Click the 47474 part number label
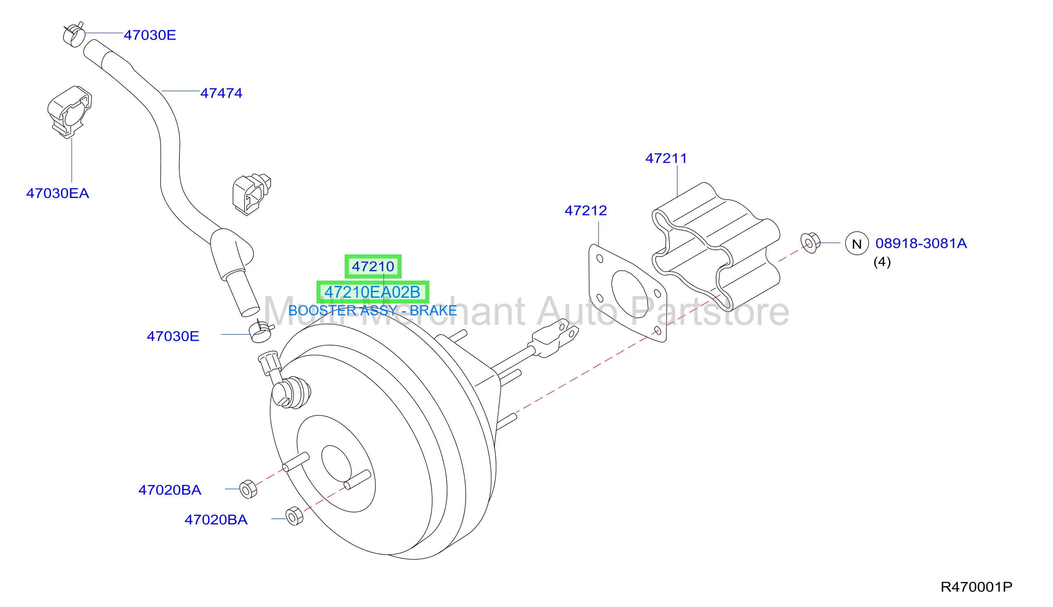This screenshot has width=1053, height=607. click(221, 93)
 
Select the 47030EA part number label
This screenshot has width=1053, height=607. click(58, 193)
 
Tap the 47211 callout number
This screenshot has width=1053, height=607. click(666, 158)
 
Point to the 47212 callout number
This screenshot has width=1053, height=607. click(586, 211)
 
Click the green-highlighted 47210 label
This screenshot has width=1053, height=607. click(373, 266)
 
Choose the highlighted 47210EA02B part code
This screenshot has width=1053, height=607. click(373, 292)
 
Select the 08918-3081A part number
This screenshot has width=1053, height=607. click(921, 243)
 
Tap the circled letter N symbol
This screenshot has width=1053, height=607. click(857, 243)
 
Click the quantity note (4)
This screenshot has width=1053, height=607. click(882, 262)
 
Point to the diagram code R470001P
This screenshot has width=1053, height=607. click(977, 587)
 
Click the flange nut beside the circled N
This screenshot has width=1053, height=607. click(810, 243)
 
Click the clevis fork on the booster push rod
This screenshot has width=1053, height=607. click(553, 337)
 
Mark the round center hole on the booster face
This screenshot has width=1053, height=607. click(336, 463)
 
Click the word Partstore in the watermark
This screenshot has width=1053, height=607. click(709, 312)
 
